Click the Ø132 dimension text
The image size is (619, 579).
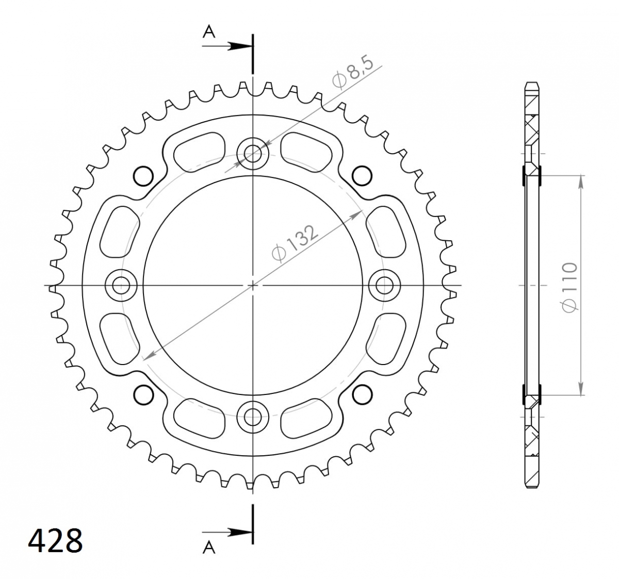pyautogui.click(x=295, y=243)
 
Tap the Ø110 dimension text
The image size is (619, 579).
pyautogui.click(x=570, y=287)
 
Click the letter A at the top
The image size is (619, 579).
pyautogui.click(x=209, y=32)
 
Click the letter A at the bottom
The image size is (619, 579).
pyautogui.click(x=209, y=548)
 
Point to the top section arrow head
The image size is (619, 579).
pyautogui.click(x=240, y=46)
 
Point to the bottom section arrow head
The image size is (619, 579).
pyautogui.click(x=240, y=533)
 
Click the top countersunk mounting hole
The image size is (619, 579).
pyautogui.click(x=252, y=154)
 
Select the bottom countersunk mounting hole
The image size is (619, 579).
pyautogui.click(x=252, y=417)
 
